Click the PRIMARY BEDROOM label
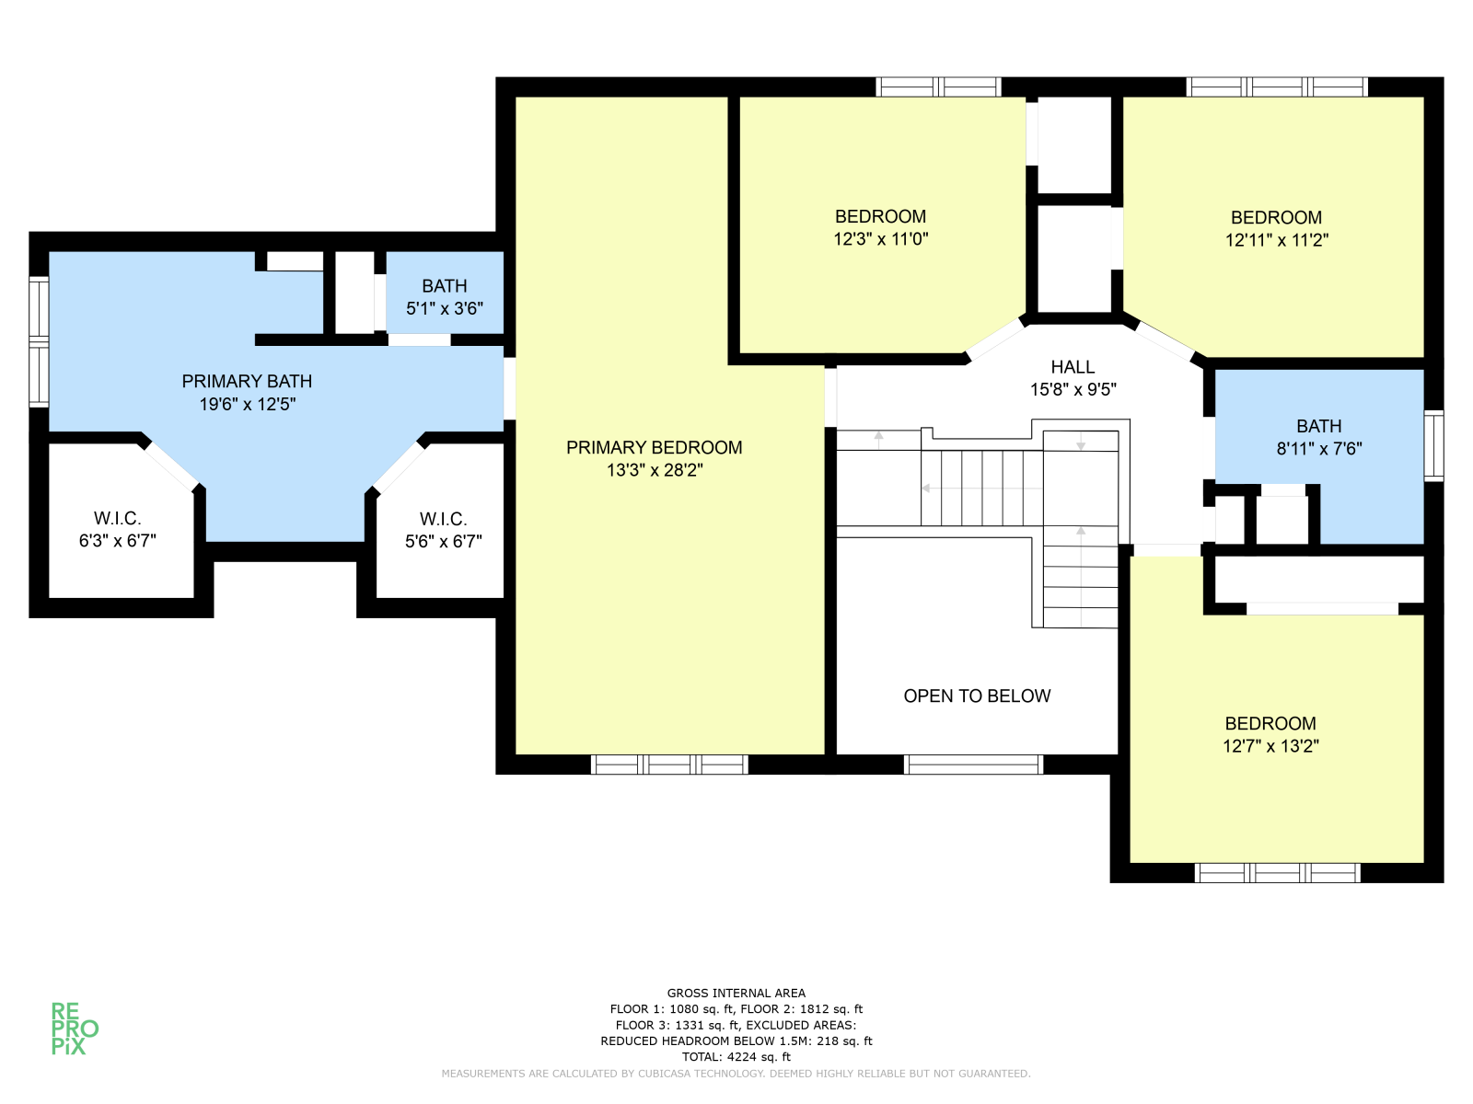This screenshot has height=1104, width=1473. click(x=654, y=447)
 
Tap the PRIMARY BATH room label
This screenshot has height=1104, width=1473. click(x=247, y=382)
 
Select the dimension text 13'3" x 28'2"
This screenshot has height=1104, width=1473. click(x=655, y=470)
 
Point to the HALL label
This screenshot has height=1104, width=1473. click(x=1073, y=367)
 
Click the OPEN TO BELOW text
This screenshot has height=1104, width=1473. click(x=977, y=696)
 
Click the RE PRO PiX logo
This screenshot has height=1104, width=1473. click(x=75, y=1029)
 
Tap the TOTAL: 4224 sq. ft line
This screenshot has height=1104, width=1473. click(x=736, y=1057)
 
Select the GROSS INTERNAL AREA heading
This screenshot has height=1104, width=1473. click(x=736, y=993)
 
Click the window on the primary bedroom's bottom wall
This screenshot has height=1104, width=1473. click(x=669, y=765)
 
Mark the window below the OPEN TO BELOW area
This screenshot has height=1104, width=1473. click(x=973, y=765)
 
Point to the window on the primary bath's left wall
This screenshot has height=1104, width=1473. click(x=39, y=342)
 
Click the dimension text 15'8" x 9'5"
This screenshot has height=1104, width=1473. click(x=1073, y=389)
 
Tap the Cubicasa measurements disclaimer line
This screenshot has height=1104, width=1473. click(x=736, y=1073)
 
